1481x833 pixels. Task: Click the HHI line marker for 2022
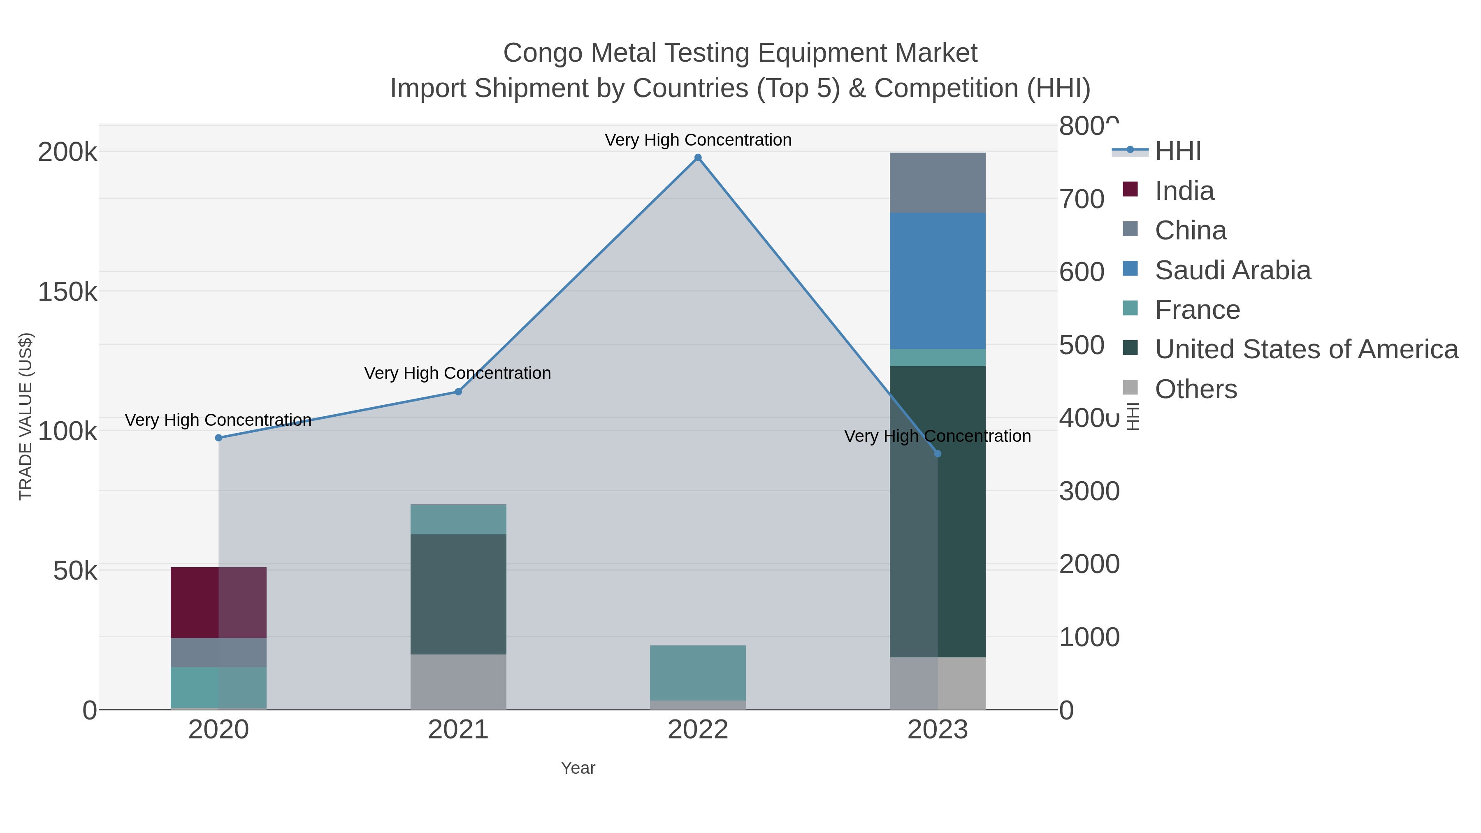pyautogui.click(x=698, y=158)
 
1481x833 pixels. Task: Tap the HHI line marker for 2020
pyautogui.click(x=218, y=438)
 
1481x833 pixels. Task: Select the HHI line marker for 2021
pyautogui.click(x=458, y=392)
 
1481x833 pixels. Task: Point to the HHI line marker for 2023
pyautogui.click(x=938, y=454)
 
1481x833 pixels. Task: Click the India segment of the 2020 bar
pyautogui.click(x=218, y=603)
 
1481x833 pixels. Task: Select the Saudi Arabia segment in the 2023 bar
pyautogui.click(x=938, y=281)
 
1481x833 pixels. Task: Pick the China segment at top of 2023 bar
pyautogui.click(x=938, y=183)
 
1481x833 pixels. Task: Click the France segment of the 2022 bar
pyautogui.click(x=698, y=673)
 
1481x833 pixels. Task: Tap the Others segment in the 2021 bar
pyautogui.click(x=458, y=682)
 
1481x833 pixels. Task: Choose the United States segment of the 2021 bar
pyautogui.click(x=458, y=594)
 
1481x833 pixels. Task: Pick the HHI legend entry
pyautogui.click(x=1177, y=151)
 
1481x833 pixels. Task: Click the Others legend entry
pyautogui.click(x=1196, y=389)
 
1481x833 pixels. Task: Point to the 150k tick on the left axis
pyautogui.click(x=67, y=292)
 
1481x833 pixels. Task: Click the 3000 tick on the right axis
pyautogui.click(x=1089, y=492)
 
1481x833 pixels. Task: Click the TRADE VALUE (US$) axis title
pyautogui.click(x=26, y=416)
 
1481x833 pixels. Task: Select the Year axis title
pyautogui.click(x=578, y=768)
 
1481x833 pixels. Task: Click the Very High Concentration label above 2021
pyautogui.click(x=457, y=373)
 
